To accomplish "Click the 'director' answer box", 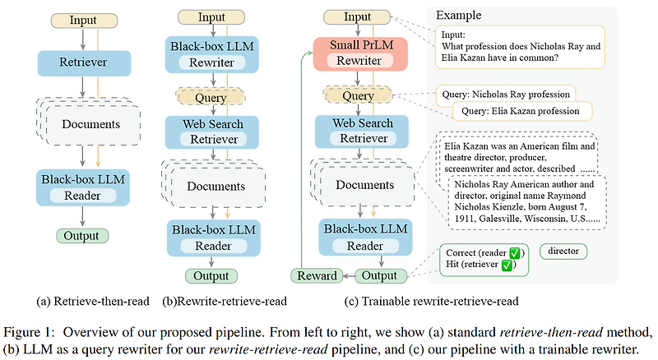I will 563,251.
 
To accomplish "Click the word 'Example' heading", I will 460,16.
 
